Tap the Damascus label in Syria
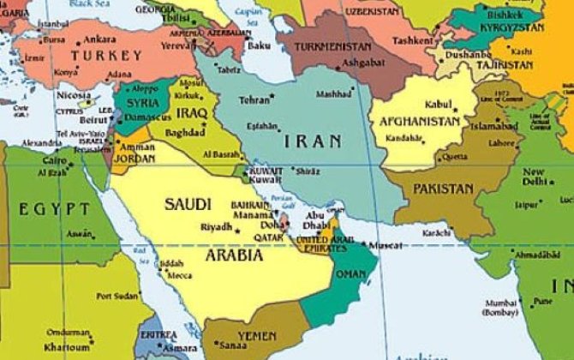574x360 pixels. [x=141, y=116]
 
